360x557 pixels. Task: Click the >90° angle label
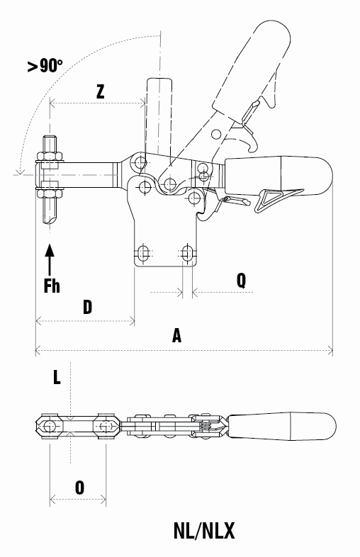(45, 65)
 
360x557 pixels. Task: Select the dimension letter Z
(101, 91)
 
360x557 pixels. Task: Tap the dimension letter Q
(241, 281)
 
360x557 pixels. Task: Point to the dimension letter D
(87, 307)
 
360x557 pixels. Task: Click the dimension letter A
(176, 335)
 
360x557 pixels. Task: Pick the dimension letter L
(57, 377)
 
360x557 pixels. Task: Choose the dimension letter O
(79, 488)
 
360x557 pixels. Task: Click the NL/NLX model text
(204, 531)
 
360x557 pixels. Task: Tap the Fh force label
(52, 286)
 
